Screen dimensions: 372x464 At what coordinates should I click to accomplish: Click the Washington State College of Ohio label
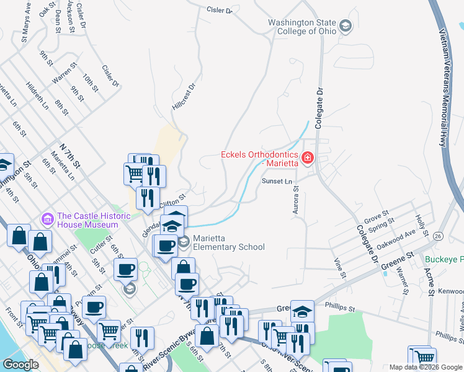[x=302, y=27]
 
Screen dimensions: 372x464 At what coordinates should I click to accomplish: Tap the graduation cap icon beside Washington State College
[x=346, y=27]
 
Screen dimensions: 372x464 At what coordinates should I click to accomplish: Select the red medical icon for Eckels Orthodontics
[x=307, y=159]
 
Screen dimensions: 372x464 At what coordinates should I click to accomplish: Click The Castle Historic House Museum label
[x=94, y=220]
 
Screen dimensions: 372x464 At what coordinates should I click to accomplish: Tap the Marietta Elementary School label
[x=228, y=242]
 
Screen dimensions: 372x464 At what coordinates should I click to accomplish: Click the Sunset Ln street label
[x=276, y=181]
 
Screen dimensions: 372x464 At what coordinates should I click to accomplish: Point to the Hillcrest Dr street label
[x=184, y=97]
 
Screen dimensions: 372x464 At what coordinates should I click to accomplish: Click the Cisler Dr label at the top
[x=219, y=10]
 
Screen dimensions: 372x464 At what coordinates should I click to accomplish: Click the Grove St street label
[x=377, y=216]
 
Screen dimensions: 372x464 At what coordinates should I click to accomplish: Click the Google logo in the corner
[x=20, y=364]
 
